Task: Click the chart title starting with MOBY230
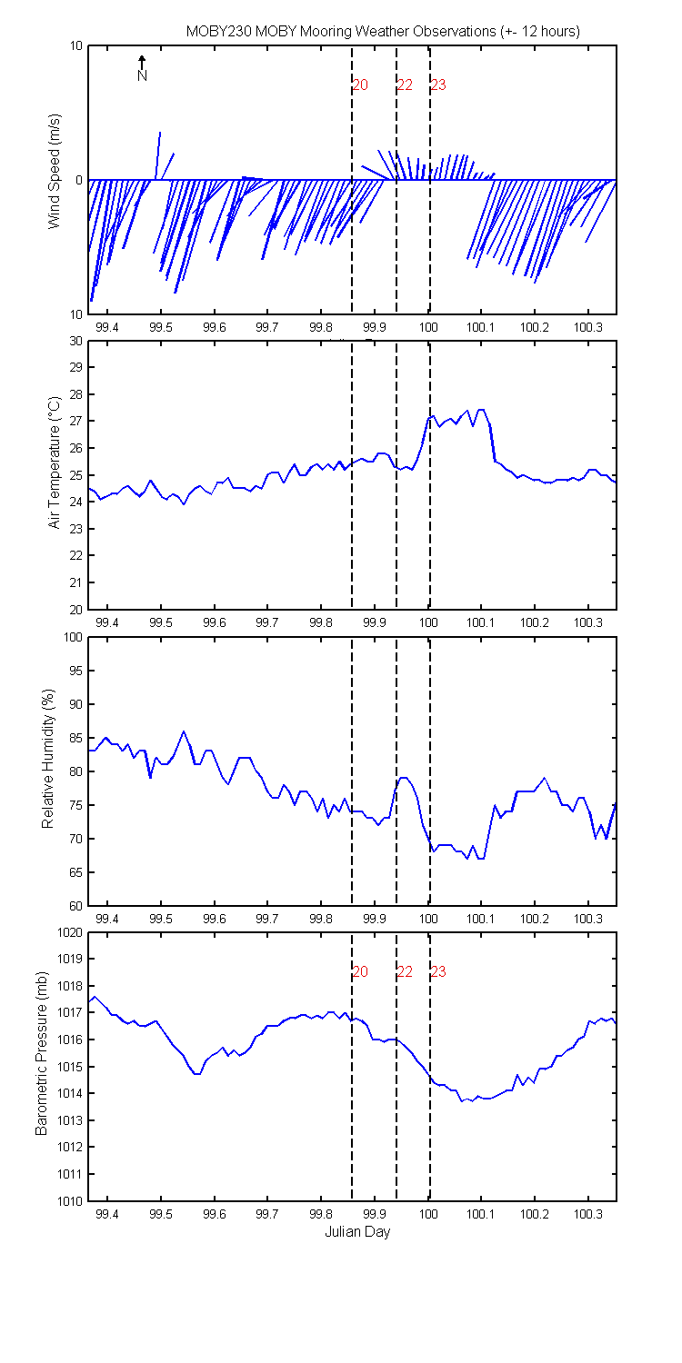383,32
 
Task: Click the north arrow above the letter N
142,62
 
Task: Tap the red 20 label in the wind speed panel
360,85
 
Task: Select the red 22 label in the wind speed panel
405,85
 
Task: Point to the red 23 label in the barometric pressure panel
438,971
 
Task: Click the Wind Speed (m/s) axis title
55,172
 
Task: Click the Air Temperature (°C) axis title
55,463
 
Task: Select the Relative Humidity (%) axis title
47,759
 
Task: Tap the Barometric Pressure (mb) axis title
41,1053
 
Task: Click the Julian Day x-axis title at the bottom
357,1231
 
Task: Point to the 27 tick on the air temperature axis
75,421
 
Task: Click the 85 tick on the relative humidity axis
75,738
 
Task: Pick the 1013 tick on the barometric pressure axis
69,1120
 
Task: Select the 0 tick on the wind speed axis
79,180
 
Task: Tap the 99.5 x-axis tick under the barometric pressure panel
161,1215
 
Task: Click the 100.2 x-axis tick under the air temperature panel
535,623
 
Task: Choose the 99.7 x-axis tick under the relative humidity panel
267,919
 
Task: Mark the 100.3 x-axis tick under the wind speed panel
588,327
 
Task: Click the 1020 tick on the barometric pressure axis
69,933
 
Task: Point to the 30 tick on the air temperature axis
75,341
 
